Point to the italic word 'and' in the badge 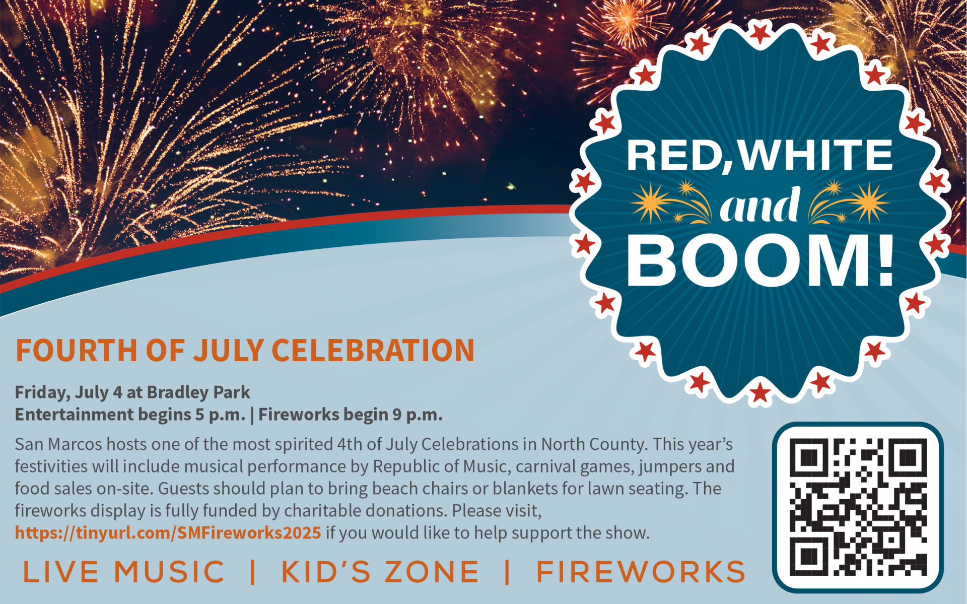tap(760, 205)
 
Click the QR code tap(858, 507)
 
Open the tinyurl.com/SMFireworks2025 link tap(168, 533)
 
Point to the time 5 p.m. tap(220, 415)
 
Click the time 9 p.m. tap(418, 415)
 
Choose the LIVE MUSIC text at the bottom tap(124, 572)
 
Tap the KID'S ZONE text tap(380, 572)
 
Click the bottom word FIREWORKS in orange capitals tap(641, 572)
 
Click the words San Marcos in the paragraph tap(58, 444)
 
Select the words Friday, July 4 tap(68, 392)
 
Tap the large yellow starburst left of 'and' tap(651, 203)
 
